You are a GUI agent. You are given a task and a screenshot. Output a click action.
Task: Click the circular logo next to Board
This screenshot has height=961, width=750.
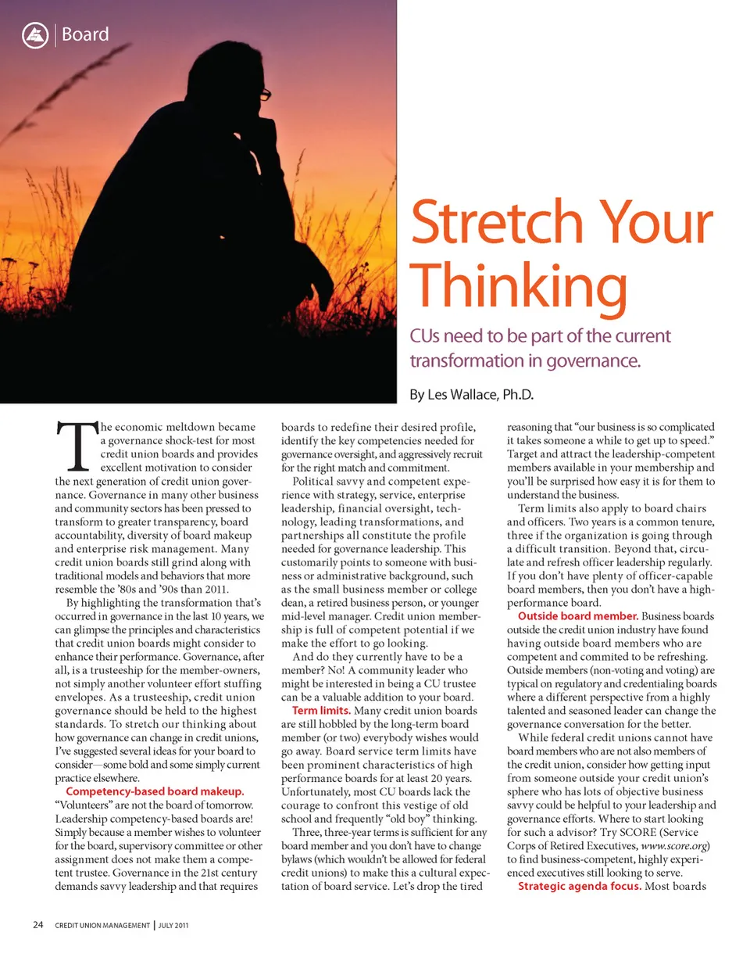click(x=34, y=35)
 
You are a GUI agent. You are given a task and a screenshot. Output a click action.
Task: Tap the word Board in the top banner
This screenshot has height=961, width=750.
click(x=85, y=35)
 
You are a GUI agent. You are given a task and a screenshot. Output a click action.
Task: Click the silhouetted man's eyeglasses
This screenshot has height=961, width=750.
click(x=265, y=95)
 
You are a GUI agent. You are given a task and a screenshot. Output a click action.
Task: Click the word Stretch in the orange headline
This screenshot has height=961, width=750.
click(x=499, y=223)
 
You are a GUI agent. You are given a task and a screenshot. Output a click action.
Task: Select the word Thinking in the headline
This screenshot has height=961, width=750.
click(x=519, y=287)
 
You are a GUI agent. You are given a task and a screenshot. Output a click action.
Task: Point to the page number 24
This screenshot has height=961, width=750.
click(x=37, y=926)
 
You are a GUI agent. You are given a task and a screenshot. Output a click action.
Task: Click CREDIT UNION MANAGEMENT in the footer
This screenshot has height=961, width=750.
click(x=102, y=927)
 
